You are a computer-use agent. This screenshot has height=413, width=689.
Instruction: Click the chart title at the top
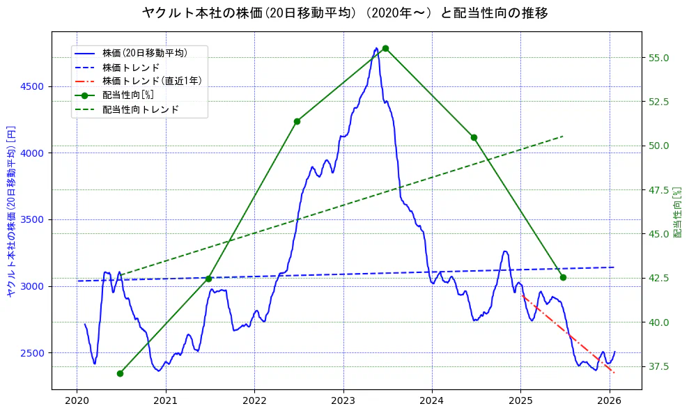pos(344,13)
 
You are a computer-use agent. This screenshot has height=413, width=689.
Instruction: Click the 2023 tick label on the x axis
pos(343,400)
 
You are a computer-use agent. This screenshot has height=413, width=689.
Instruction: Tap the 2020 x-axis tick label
pos(77,400)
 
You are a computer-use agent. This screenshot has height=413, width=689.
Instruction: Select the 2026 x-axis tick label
pos(610,400)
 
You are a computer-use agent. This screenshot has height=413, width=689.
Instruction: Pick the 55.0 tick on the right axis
pos(658,57)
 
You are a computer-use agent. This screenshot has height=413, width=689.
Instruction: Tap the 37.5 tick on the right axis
pos(658,366)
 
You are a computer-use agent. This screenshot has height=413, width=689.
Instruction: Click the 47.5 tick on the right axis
pos(658,189)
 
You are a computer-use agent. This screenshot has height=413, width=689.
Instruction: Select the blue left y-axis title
pos(10,211)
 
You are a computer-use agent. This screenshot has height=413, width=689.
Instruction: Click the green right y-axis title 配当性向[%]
pos(677,211)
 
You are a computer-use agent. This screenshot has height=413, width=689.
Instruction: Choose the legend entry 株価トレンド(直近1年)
pos(151,81)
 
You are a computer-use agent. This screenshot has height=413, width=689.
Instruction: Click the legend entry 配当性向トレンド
pos(140,109)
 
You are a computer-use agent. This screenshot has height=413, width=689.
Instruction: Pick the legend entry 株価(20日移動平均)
pos(144,52)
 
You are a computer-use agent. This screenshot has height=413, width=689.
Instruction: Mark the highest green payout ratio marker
pos(385,48)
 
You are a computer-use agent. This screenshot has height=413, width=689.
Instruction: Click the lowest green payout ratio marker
pos(120,373)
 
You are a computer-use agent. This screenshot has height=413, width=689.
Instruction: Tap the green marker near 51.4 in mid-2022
pos(297,121)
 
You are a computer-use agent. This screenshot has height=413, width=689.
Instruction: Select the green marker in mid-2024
pos(474,137)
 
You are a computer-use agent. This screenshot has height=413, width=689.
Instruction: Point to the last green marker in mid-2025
pos(563,277)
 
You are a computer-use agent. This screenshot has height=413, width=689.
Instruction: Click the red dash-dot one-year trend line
pos(568,334)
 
